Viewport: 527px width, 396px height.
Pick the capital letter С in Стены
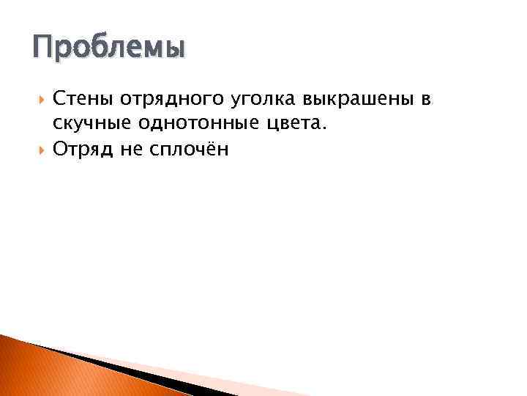point(60,99)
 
